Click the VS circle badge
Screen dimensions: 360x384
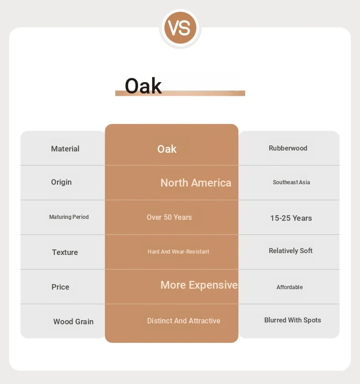(x=180, y=28)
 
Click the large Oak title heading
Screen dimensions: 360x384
(x=143, y=86)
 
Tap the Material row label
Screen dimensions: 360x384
(x=65, y=149)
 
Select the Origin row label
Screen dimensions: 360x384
(x=61, y=182)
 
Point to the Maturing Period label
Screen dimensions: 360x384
(x=69, y=217)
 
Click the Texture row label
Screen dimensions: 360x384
(x=65, y=252)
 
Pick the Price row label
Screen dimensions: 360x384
(x=60, y=287)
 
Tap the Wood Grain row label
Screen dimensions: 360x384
(x=73, y=322)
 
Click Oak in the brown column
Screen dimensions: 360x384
(x=167, y=149)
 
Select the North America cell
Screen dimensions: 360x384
(x=196, y=183)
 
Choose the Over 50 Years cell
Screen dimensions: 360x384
(x=169, y=217)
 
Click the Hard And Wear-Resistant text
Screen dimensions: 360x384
(x=178, y=251)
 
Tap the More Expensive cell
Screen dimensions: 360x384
(x=199, y=285)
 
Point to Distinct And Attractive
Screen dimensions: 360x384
(x=184, y=321)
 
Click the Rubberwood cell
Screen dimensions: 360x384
(x=288, y=148)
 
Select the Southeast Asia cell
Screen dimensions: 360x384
(x=291, y=182)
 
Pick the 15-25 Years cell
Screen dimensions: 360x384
(x=291, y=218)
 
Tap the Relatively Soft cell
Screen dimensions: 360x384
(x=290, y=251)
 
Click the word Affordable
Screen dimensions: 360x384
(x=289, y=287)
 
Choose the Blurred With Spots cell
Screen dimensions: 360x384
(x=293, y=320)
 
